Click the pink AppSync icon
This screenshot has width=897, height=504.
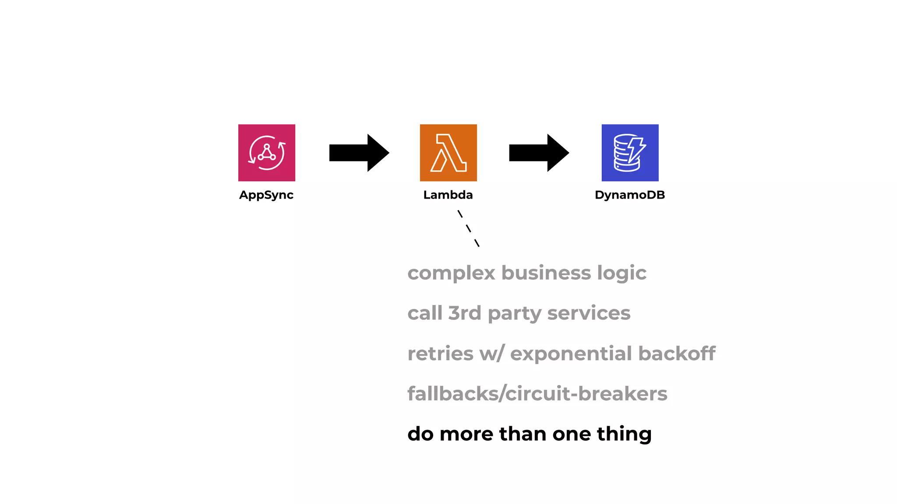(266, 153)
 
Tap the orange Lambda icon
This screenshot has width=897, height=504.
(448, 153)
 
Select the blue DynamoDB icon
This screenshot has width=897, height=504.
(630, 153)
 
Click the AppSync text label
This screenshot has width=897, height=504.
(266, 195)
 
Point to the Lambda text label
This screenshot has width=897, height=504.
(448, 195)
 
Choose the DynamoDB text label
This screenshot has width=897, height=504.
(630, 195)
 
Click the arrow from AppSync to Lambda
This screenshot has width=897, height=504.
(359, 153)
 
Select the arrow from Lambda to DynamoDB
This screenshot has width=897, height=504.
(539, 153)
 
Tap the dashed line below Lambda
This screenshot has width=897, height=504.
(468, 228)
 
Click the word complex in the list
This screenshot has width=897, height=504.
(451, 273)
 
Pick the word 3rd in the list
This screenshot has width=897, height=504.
(465, 313)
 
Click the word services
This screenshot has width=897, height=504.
(589, 313)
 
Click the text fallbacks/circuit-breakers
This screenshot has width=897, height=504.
(537, 394)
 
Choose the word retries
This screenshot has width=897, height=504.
(440, 353)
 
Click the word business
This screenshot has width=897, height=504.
(546, 273)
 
